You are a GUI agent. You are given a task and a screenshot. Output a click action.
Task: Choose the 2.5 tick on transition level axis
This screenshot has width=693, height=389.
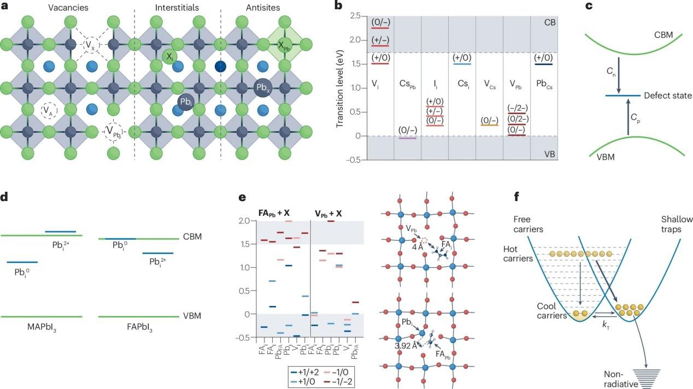(356, 16)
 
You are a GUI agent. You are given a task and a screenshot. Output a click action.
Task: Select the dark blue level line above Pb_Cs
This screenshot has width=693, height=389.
(543, 64)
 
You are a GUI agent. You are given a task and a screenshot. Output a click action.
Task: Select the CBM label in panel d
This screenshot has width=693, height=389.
(193, 237)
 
